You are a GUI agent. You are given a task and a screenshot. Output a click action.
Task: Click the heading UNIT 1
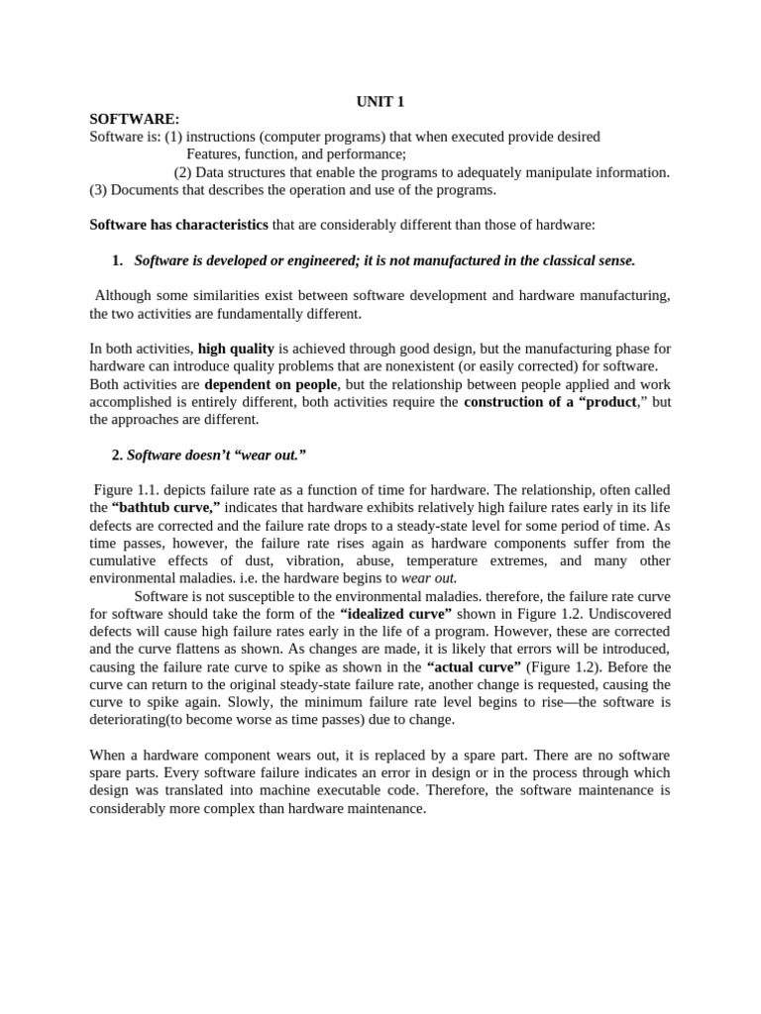pyautogui.click(x=380, y=101)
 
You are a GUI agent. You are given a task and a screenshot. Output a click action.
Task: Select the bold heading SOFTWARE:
pyautogui.click(x=135, y=119)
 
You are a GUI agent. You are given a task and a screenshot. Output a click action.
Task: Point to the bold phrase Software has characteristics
pyautogui.click(x=178, y=225)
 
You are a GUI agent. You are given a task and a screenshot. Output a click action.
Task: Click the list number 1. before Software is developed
pyautogui.click(x=118, y=260)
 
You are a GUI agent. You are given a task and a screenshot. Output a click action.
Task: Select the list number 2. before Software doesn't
pyautogui.click(x=117, y=455)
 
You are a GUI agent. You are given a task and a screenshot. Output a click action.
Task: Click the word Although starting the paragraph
pyautogui.click(x=127, y=296)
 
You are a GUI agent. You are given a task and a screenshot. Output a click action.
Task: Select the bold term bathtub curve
pyautogui.click(x=165, y=508)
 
